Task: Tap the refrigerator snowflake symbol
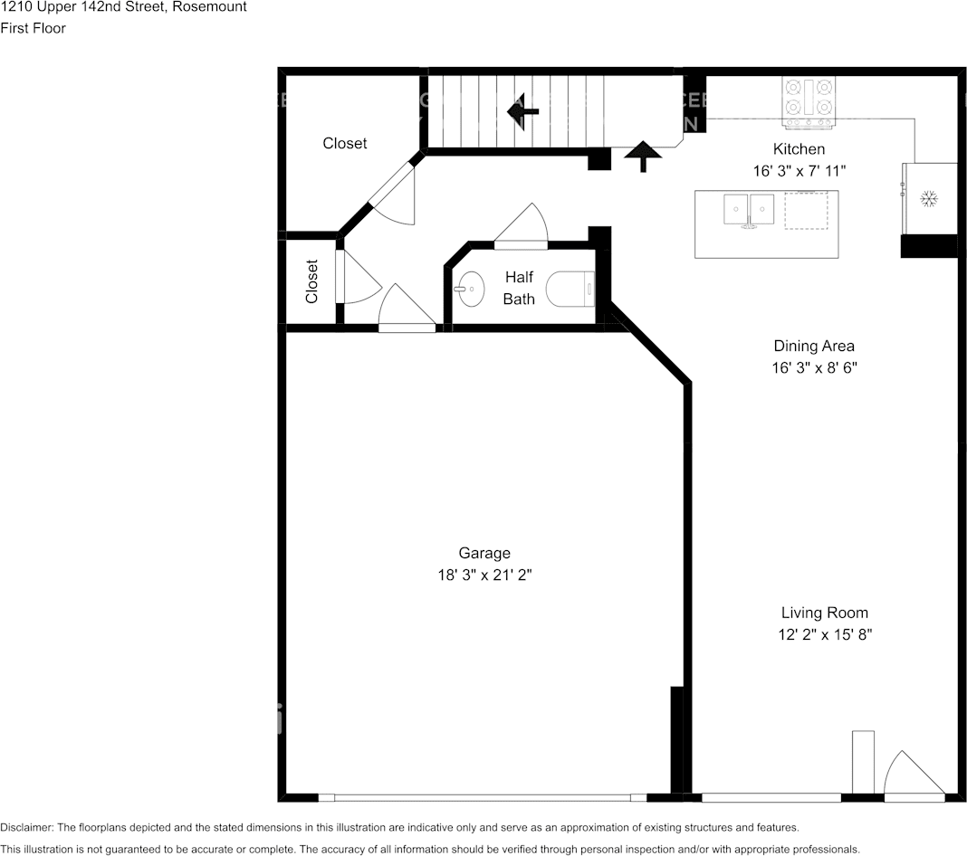pos(929,199)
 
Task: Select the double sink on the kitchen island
pos(749,210)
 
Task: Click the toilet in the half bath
pos(570,289)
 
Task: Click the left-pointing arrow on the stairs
pos(523,111)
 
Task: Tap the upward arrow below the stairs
pos(643,157)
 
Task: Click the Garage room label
pos(484,553)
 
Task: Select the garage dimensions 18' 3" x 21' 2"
pos(484,575)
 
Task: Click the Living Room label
pos(825,613)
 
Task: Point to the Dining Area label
pos(814,346)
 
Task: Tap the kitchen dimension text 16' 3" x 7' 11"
pos(799,171)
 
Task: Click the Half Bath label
pos(519,288)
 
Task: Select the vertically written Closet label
pos(311,281)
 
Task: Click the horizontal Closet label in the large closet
pos(345,143)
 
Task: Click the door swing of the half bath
pos(522,226)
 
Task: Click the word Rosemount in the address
pos(210,6)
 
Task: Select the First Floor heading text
pos(33,28)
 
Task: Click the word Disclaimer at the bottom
pos(26,828)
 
